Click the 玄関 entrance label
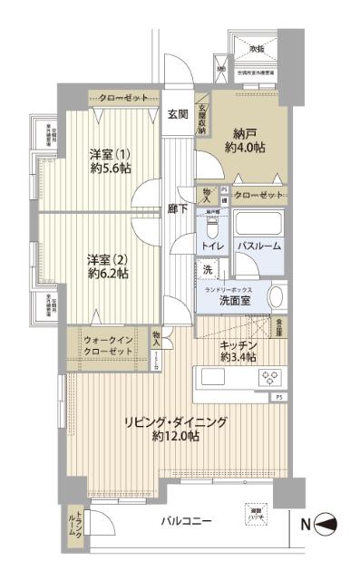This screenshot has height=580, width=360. click(x=177, y=114)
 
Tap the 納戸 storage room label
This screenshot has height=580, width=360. click(x=238, y=130)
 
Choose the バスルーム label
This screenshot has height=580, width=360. click(x=259, y=246)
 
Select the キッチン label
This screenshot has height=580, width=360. click(x=239, y=345)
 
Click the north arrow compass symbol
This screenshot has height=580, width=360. click(x=329, y=522)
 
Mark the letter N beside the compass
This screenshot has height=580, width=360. click(x=305, y=522)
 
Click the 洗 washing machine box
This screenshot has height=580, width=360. click(x=207, y=270)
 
